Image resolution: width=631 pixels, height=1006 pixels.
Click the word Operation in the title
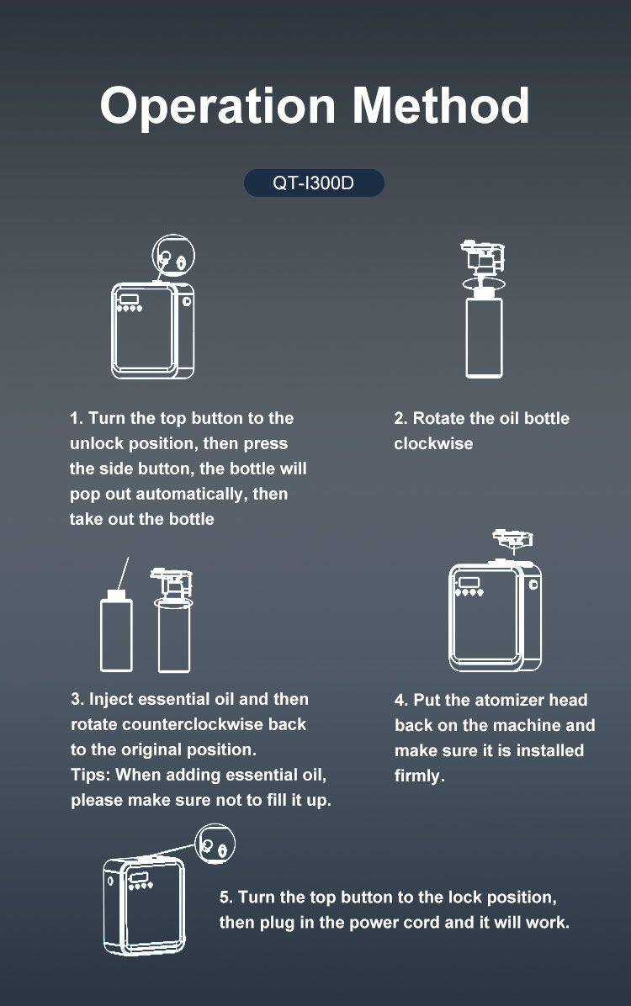(x=218, y=107)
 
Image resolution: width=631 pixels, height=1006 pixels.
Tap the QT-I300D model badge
(x=314, y=183)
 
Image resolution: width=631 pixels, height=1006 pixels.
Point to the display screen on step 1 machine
(x=130, y=299)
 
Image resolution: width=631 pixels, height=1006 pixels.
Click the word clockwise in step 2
(x=433, y=443)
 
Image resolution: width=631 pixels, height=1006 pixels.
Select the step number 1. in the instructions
(x=77, y=418)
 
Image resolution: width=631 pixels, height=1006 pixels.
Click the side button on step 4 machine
(x=533, y=585)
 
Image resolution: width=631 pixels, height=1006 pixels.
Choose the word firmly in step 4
(x=418, y=776)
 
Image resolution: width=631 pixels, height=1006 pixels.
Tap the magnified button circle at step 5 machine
(x=215, y=845)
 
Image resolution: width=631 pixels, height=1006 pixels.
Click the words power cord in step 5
(x=401, y=923)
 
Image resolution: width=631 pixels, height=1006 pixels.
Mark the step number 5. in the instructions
(x=226, y=897)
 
